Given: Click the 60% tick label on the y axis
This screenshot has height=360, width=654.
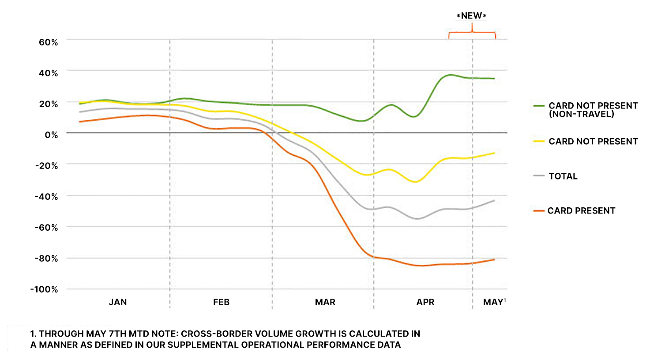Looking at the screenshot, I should [x=48, y=42].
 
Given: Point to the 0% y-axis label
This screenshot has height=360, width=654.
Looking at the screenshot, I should [x=51, y=135].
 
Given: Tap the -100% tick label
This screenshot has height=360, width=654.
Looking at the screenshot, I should [x=44, y=289].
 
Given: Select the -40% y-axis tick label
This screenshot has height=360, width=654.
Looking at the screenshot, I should [x=46, y=197].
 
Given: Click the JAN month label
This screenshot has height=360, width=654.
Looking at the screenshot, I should [x=118, y=302].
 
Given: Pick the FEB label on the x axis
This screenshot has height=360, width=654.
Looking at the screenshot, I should [x=221, y=302].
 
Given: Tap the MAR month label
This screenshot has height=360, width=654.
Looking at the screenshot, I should [x=325, y=302].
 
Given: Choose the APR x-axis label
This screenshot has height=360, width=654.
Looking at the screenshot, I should [x=425, y=302].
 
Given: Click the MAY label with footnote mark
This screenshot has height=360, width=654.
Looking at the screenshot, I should [x=494, y=302].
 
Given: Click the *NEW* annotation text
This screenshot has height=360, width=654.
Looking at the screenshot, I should [x=471, y=16].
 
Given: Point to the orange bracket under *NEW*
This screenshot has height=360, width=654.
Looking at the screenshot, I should [x=472, y=33].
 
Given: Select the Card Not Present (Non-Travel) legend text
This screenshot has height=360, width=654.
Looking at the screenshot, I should [x=593, y=110].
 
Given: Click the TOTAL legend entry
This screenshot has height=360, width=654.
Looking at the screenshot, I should [x=563, y=176].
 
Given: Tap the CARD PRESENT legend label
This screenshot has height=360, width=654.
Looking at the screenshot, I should [x=581, y=211].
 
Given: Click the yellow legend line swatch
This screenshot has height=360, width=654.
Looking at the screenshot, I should [x=539, y=142].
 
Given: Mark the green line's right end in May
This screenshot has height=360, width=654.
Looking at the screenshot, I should [x=494, y=79].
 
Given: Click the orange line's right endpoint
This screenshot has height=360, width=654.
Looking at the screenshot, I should [x=494, y=259].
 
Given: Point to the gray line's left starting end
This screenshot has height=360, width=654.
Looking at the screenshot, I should [x=80, y=112].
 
